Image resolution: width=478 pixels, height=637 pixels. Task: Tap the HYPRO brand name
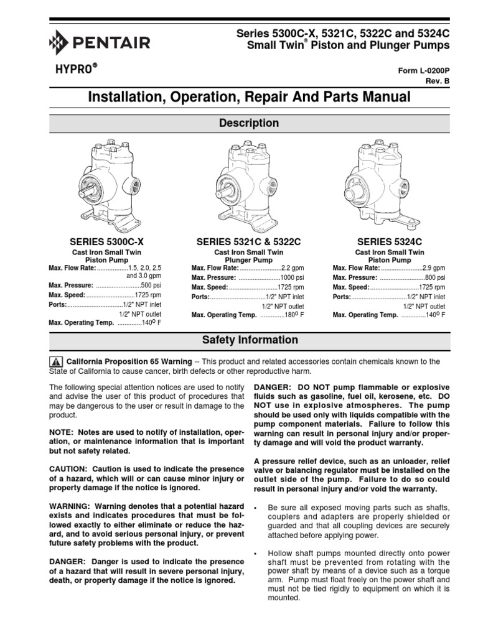point(73,69)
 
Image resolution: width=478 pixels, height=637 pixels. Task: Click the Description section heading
point(248,123)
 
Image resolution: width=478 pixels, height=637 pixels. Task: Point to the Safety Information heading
point(250,340)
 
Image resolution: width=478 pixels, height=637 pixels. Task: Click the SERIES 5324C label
point(390,240)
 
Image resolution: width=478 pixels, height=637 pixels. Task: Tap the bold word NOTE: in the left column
point(62,432)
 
